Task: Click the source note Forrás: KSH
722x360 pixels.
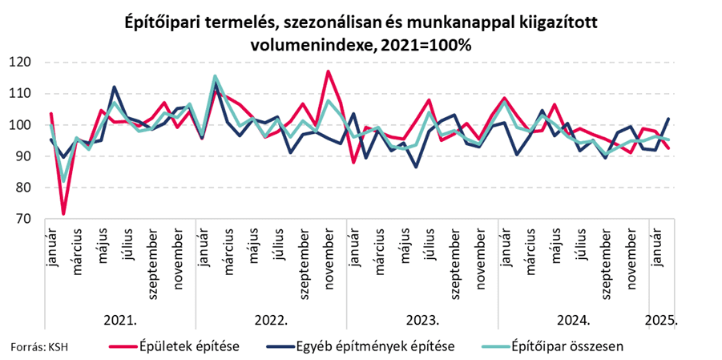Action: click(39, 347)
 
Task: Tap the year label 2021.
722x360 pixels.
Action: click(120, 319)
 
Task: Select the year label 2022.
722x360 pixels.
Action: click(271, 319)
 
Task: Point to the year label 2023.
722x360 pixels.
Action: click(422, 319)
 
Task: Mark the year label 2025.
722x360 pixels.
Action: click(662, 319)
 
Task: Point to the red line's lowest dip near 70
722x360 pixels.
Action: click(63, 213)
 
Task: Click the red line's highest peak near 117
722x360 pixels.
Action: click(328, 71)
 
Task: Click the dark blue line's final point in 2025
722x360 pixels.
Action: click(669, 119)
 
